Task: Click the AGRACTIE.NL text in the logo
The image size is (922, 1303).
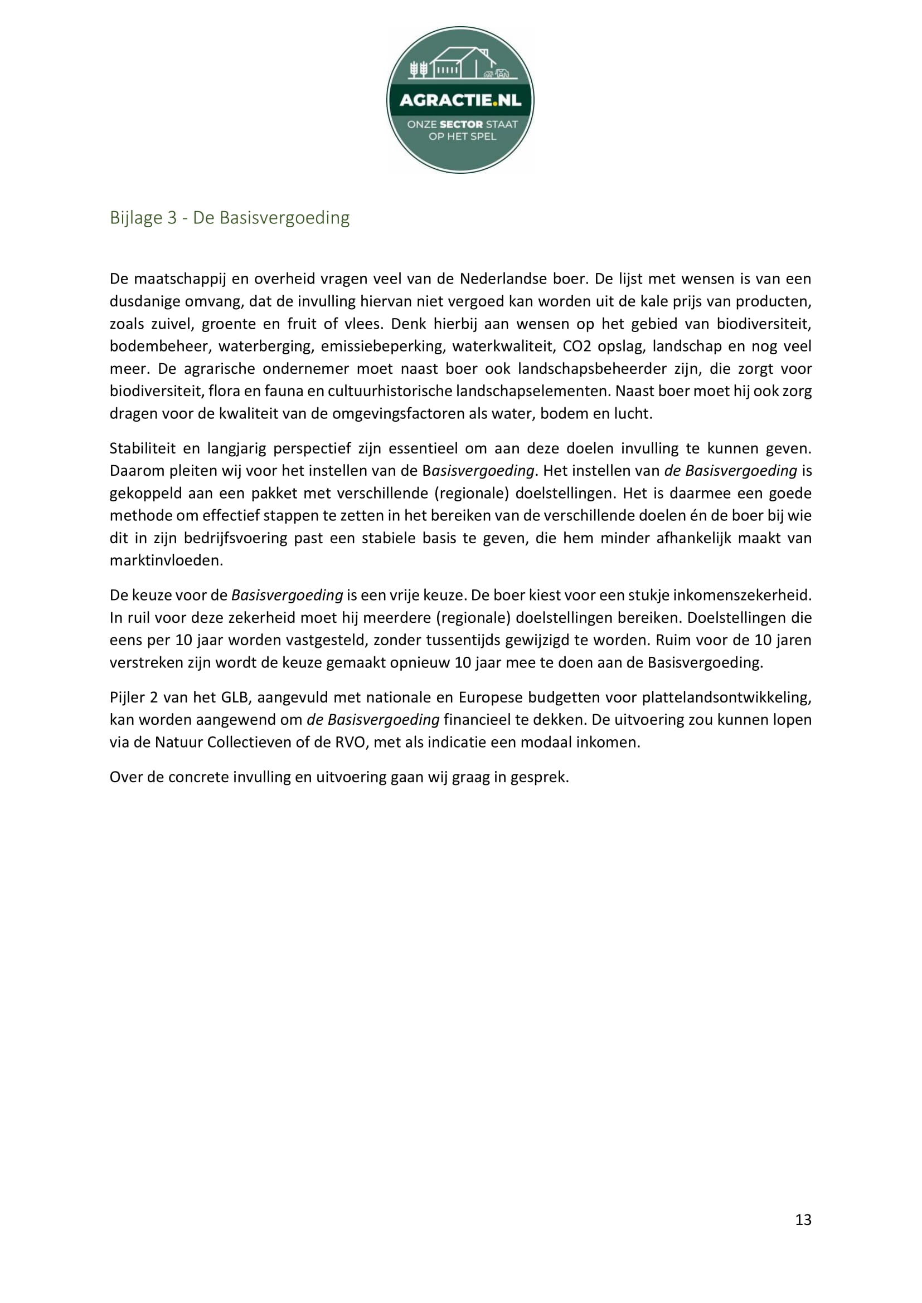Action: (x=460, y=100)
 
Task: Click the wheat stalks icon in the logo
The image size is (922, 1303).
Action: (x=419, y=69)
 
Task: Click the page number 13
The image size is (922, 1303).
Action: (x=803, y=1219)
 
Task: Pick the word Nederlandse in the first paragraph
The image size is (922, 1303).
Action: (x=494, y=279)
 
